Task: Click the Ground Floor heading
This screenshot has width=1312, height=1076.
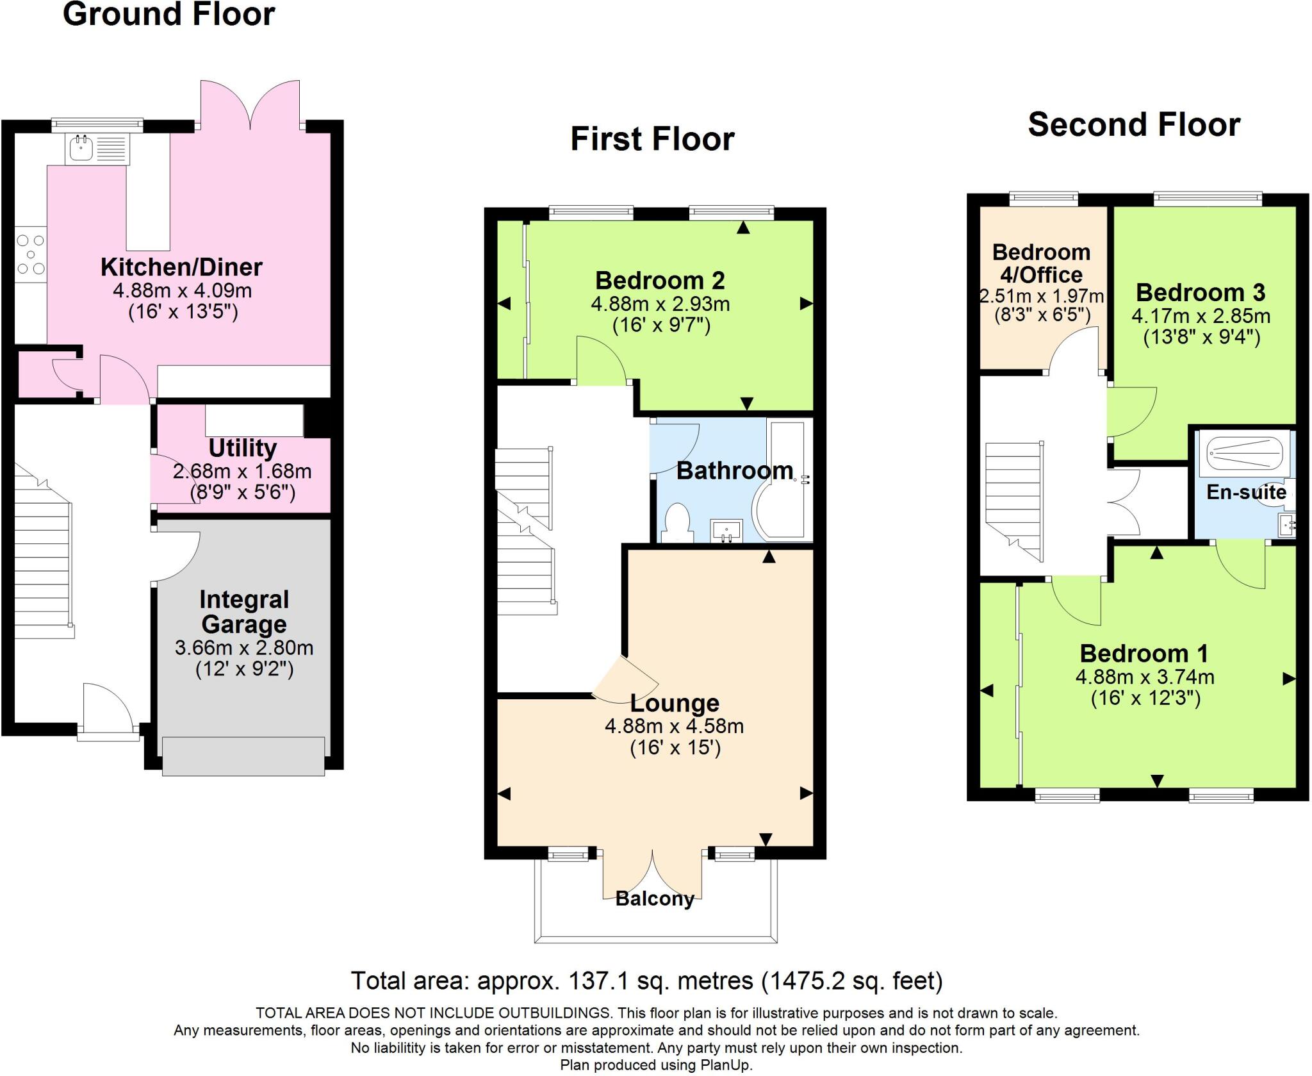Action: click(169, 14)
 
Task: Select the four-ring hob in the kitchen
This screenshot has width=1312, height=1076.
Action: click(31, 254)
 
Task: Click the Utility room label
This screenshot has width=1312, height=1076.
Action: click(243, 447)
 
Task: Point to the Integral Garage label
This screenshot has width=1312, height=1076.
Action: click(244, 611)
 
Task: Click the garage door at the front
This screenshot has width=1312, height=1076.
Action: click(243, 756)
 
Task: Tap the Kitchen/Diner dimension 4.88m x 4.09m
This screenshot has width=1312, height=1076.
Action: click(183, 290)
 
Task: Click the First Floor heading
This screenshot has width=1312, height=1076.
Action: click(652, 139)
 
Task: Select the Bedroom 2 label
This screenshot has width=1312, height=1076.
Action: click(660, 280)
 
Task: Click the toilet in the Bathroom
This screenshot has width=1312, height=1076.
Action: click(677, 523)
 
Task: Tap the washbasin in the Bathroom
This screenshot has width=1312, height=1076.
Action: click(727, 531)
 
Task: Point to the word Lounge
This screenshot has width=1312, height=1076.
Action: click(675, 703)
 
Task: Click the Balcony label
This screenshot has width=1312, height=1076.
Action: click(655, 898)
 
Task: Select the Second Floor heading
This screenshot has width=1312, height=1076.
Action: click(1134, 124)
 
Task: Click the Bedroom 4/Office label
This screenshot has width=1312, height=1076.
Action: click(1042, 263)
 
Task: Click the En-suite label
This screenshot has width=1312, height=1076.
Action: click(1247, 492)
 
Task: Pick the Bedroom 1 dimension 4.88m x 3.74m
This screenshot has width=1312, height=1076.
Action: click(1145, 677)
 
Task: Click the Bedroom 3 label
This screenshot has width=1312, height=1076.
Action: click(1201, 292)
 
